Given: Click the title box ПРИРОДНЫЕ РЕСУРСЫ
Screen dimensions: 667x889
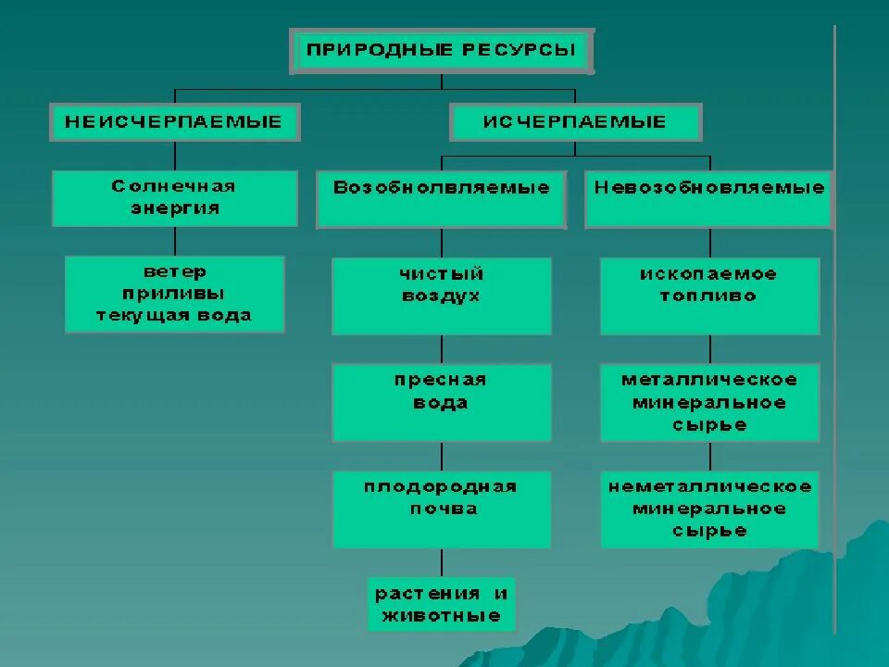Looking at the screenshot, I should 443,51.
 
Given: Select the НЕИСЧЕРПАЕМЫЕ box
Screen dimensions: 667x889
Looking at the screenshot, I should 175,122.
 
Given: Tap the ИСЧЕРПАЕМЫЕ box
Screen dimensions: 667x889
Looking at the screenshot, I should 575,122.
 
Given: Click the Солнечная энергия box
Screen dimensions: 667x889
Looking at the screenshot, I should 174,197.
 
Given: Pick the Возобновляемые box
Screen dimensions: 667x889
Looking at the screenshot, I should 441,198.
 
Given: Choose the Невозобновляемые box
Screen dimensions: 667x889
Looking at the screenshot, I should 709,198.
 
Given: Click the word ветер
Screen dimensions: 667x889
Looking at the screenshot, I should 174,272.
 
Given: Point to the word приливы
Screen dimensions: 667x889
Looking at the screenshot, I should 174,294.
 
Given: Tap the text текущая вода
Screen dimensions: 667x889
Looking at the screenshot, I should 174,315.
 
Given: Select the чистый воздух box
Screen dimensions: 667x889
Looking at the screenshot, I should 441,296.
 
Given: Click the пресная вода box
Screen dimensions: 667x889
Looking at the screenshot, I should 441,402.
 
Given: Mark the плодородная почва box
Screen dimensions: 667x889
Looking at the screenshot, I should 441,509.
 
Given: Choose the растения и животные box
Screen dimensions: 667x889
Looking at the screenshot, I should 441,604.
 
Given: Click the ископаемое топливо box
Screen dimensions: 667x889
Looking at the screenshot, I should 709,296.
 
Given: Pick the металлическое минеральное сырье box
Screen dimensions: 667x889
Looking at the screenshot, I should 709,402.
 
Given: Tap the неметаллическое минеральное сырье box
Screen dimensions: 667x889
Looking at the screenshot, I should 709,509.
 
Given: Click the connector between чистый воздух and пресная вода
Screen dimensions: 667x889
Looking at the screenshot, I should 441,348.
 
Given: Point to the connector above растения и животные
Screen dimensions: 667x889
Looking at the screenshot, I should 441,562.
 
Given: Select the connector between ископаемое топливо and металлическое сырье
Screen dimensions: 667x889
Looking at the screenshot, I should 710,348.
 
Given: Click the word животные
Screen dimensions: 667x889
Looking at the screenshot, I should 441,616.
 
